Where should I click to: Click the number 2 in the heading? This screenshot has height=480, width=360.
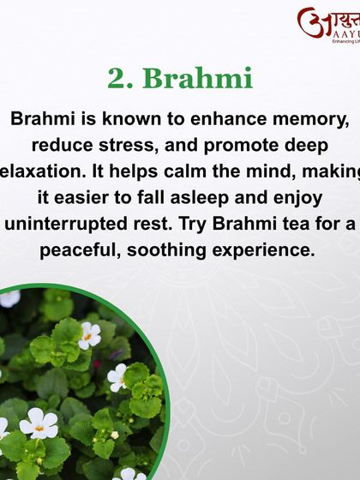click(x=117, y=78)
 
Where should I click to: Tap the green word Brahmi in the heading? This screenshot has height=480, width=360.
click(x=197, y=78)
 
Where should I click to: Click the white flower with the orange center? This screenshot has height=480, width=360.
click(x=90, y=333)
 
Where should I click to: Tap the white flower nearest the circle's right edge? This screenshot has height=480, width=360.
click(x=117, y=375)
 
